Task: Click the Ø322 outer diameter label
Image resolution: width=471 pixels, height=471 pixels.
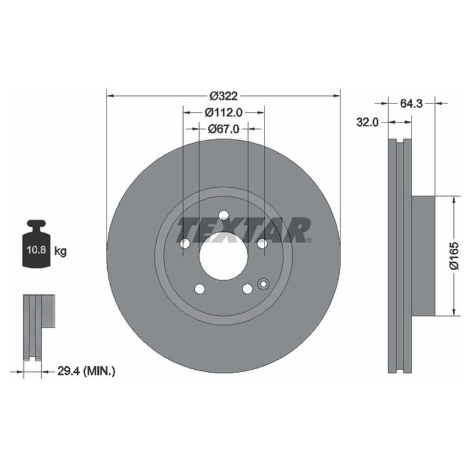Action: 223,95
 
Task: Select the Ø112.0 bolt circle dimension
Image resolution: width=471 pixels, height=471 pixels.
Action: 224,112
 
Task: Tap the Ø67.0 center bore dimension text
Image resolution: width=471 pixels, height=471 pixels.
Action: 223,130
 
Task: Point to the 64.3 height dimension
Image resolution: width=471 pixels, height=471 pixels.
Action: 412,104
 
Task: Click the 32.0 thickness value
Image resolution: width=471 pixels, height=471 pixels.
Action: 367,122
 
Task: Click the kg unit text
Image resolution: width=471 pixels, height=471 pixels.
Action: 60,251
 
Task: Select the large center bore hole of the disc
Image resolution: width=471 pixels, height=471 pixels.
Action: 223,256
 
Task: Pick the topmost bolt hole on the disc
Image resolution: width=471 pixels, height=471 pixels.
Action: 223,216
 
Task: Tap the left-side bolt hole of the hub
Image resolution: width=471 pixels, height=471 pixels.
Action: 184,244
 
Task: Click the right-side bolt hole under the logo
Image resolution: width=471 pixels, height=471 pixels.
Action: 262,244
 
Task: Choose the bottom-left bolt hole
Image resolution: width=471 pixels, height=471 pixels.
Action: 199,288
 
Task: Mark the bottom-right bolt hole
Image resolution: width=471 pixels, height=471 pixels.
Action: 247,288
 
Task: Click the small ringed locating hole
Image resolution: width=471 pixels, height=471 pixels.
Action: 263,284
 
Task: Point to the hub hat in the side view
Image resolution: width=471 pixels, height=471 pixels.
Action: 422,256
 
